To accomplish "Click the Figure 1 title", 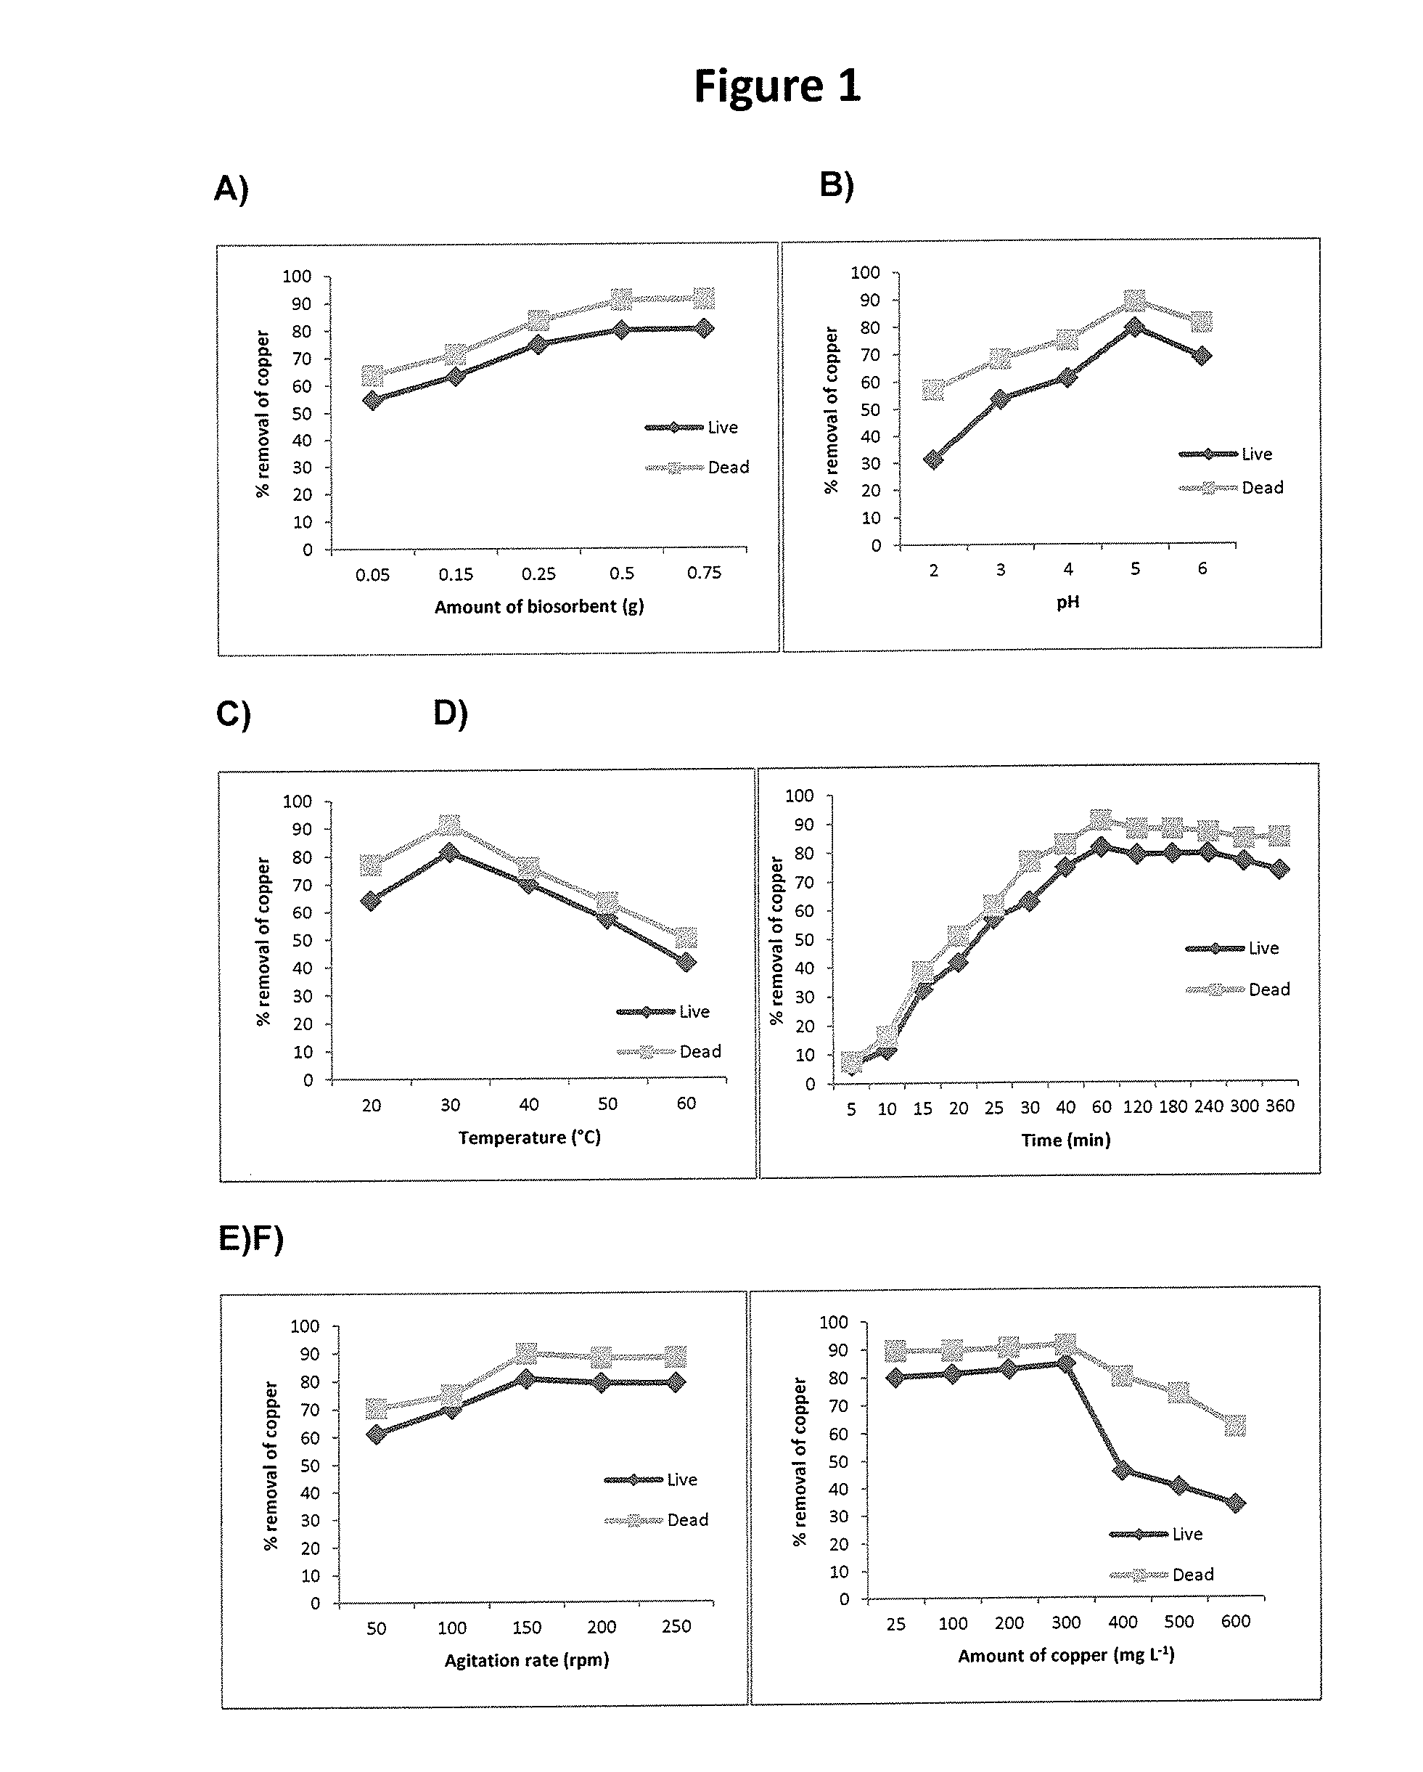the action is (x=777, y=86).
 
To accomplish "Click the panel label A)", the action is (x=231, y=189).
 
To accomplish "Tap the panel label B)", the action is (x=837, y=185).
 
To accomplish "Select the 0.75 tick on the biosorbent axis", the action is (x=704, y=572).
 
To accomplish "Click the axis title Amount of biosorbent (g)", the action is (x=539, y=607).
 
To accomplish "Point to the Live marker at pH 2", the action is (x=933, y=460).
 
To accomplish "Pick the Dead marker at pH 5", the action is (x=1136, y=300).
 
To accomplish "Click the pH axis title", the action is (x=1067, y=603).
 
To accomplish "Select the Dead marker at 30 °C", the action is (x=449, y=825).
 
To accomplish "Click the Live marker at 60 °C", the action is (x=686, y=962).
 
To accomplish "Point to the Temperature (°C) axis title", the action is (x=530, y=1138).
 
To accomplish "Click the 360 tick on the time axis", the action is (x=1280, y=1106).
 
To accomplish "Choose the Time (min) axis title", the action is (x=1065, y=1140).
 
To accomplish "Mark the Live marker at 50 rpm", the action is (x=377, y=1434).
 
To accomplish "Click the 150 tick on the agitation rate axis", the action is (x=527, y=1628).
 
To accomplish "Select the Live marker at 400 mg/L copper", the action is (x=1123, y=1469).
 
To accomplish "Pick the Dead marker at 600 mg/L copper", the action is (x=1235, y=1426).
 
